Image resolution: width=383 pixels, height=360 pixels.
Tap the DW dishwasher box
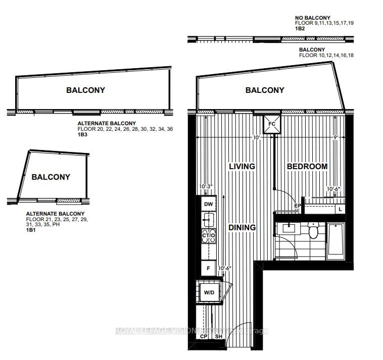(x=208, y=204)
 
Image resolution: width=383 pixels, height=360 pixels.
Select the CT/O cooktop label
(x=208, y=235)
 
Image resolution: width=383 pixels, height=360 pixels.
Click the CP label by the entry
(x=204, y=336)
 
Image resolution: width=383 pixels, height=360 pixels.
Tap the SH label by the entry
(x=219, y=336)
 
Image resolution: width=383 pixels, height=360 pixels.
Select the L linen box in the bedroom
(x=341, y=209)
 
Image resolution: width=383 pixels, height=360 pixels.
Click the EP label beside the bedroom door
(x=298, y=206)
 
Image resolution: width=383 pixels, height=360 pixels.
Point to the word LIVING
(x=242, y=166)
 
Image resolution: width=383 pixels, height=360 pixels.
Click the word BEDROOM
(x=307, y=166)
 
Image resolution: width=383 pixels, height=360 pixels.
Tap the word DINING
(x=242, y=228)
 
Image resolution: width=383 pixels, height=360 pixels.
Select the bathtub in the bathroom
(x=336, y=241)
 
